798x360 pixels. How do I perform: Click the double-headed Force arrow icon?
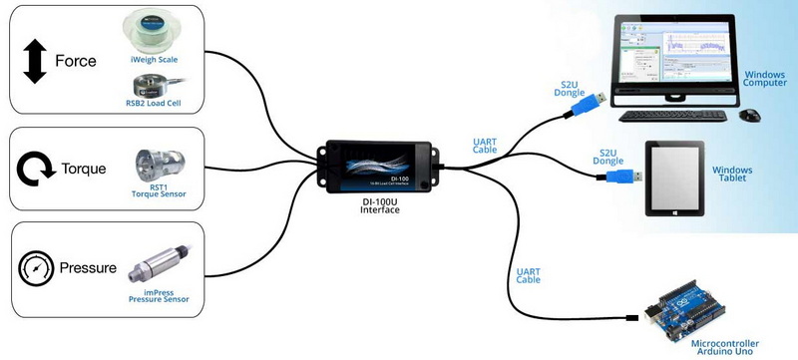coord(35,61)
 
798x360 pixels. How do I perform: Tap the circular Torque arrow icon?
coord(36,169)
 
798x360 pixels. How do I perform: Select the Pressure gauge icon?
coord(35,268)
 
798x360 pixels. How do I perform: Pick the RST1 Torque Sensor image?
coord(160,166)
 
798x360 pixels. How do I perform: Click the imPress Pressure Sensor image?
coord(160,258)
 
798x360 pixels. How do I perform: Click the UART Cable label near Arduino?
coord(529,275)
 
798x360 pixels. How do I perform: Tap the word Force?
coord(75,61)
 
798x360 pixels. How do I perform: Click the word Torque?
coord(84,169)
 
